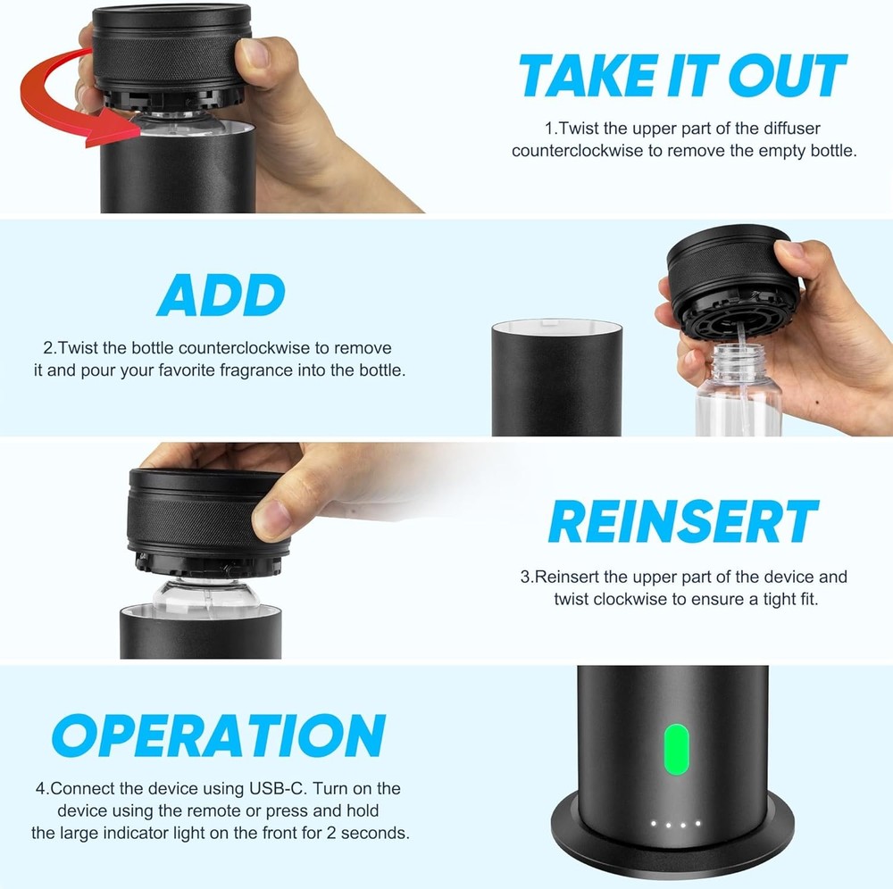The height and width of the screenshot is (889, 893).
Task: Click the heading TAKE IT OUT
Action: pos(682,75)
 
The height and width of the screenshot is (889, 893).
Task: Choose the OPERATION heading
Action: pos(219,736)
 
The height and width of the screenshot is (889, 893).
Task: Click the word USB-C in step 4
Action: pos(275,789)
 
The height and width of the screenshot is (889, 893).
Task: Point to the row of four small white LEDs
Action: pos(676,824)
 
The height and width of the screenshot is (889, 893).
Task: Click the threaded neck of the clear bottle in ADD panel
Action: pos(736,362)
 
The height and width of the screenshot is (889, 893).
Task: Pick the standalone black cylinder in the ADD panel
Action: pos(555,378)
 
